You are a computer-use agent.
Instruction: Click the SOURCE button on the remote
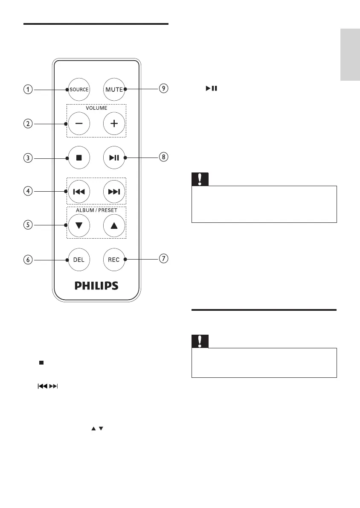point(79,90)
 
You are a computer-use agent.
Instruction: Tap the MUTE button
point(114,90)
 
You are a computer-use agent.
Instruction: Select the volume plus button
point(114,123)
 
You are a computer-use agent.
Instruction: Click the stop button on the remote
point(79,158)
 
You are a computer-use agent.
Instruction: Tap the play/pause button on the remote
point(114,158)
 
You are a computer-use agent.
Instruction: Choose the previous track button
point(79,191)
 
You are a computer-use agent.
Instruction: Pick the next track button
point(114,191)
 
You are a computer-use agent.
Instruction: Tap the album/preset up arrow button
point(114,225)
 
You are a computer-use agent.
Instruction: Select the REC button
point(114,259)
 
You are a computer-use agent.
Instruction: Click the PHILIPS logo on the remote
point(96,285)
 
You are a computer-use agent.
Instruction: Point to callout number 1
point(28,90)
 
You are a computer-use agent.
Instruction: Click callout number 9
point(164,89)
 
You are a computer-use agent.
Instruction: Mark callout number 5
point(28,225)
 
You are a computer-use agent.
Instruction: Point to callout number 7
point(164,259)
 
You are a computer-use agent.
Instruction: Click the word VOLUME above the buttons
point(96,108)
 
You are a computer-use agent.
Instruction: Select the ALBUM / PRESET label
point(96,210)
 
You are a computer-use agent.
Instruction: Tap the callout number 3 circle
point(28,158)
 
